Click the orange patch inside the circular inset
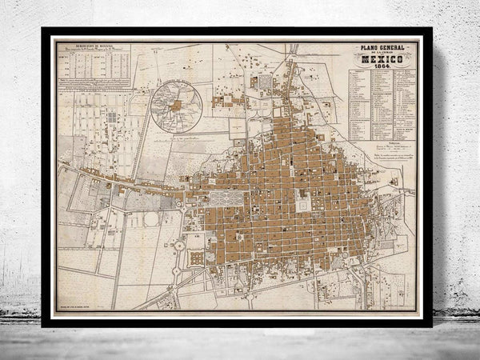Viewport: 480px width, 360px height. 178,104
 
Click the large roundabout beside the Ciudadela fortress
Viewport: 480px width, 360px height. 178,254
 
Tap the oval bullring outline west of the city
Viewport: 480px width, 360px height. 150,218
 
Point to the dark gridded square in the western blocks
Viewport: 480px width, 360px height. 112,118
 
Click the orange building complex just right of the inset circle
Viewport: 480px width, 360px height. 226,102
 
